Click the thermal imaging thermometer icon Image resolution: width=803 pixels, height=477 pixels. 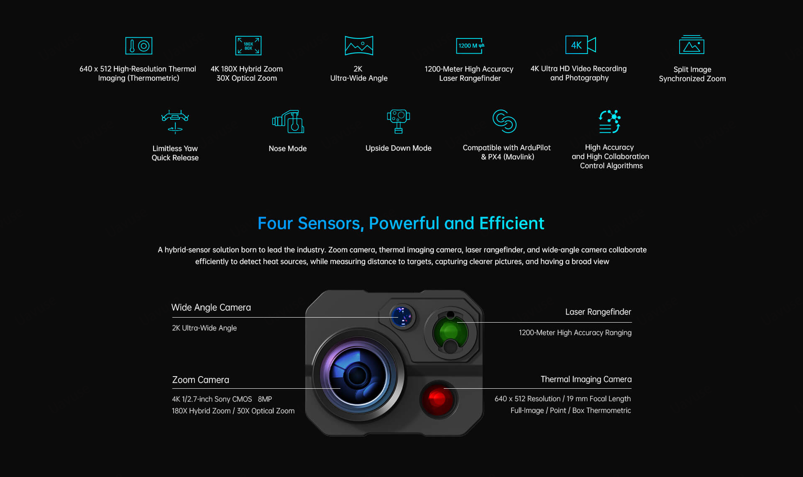tap(139, 46)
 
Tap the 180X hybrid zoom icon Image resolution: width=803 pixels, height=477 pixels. tap(248, 46)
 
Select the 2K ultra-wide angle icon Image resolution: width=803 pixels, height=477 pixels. tap(359, 46)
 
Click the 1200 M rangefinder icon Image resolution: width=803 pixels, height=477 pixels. tap(470, 46)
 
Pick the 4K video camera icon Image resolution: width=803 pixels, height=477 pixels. tap(581, 45)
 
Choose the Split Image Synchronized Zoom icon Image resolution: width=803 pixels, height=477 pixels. tap(692, 45)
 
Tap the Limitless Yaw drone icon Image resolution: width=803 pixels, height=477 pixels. tap(175, 121)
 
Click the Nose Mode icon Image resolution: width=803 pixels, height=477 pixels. tap(288, 121)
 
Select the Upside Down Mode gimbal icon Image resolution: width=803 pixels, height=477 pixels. tap(399, 121)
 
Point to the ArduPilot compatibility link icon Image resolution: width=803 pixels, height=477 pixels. tap(504, 121)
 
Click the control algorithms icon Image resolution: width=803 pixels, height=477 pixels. tap(609, 121)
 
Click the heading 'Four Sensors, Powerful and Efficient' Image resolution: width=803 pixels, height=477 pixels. tap(401, 223)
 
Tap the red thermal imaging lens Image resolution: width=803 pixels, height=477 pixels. tap(437, 398)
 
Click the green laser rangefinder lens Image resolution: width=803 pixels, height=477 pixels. tap(450, 332)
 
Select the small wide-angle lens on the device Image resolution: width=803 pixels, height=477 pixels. tap(402, 316)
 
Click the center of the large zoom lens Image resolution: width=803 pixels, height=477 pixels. tap(358, 375)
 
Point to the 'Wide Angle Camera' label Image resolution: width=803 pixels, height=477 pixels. tap(211, 308)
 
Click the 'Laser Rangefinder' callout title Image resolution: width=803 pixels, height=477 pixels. tap(598, 312)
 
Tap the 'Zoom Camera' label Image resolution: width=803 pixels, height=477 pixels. tap(201, 380)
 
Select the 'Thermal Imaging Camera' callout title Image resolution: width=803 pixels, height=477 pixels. tap(586, 380)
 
